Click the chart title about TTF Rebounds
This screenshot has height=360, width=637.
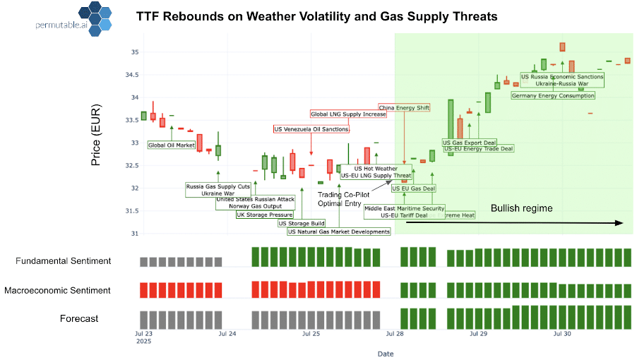316,16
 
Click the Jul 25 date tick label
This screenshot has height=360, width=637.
311,332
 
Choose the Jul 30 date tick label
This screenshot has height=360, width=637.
562,332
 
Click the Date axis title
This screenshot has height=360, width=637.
386,353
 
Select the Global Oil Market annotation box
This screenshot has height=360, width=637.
172,145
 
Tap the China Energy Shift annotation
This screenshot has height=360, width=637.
404,108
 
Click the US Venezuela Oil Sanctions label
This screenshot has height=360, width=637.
311,129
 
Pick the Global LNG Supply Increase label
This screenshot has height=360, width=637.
349,114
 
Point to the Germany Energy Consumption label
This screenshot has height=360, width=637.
552,95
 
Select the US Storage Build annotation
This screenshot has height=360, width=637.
302,223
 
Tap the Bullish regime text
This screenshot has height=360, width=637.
521,209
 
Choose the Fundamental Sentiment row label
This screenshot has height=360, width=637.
64,261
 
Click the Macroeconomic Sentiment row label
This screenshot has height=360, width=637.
57,290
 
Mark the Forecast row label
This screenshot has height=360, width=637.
78,319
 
